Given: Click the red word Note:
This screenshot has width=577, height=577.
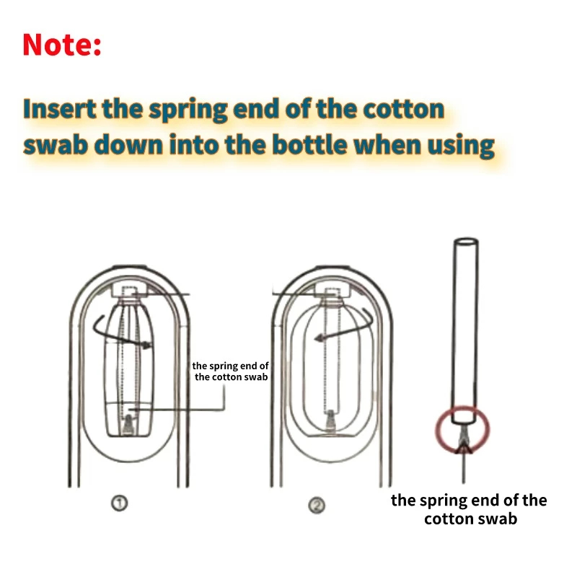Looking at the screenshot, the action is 62,45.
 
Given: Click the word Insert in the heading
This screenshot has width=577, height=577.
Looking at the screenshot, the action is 59,110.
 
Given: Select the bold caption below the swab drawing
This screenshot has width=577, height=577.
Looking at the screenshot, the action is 469,509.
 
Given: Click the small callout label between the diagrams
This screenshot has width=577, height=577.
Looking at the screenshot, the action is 231,371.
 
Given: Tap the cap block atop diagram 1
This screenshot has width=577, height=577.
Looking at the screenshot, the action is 131,288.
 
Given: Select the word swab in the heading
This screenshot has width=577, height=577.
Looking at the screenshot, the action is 56,145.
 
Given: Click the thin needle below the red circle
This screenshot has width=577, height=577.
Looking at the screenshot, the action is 462,469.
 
